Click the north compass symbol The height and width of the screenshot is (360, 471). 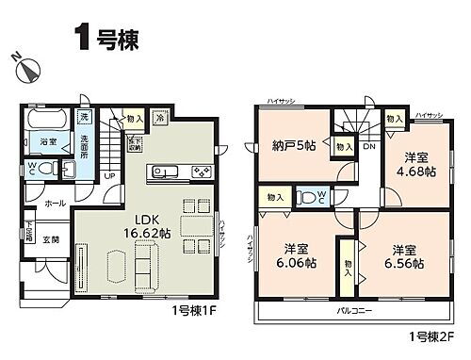tap(27, 68)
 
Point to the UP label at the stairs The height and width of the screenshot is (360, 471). tap(109, 176)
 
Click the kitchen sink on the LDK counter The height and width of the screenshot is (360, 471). tap(168, 172)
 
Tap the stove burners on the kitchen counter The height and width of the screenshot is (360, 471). tap(201, 172)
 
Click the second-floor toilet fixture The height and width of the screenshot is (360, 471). tap(308, 200)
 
